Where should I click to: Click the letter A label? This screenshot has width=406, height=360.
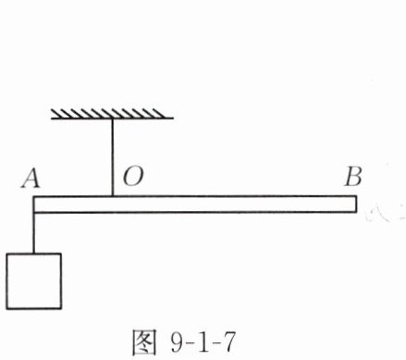tap(31, 179)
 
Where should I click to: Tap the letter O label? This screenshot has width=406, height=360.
tap(133, 177)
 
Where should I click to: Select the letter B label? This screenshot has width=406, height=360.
tap(353, 177)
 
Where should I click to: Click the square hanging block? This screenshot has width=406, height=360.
tap(34, 281)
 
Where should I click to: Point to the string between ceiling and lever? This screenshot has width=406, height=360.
tap(113, 157)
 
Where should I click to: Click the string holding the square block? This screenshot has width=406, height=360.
tap(34, 232)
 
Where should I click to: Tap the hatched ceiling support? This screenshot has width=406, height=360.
tap(112, 114)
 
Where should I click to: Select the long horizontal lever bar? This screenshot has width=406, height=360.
tap(195, 204)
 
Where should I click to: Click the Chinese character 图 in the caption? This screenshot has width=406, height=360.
tap(144, 342)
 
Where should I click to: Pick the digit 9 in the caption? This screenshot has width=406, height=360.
tap(177, 341)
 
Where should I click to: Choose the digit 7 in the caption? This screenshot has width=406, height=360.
tap(228, 342)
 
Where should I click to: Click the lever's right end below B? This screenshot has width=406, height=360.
tap(357, 204)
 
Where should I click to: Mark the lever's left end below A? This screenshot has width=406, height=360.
tap(33, 204)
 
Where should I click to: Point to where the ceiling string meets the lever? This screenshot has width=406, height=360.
tap(113, 196)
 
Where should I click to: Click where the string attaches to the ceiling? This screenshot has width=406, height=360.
tap(113, 118)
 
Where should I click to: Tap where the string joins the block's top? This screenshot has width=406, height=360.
tap(34, 254)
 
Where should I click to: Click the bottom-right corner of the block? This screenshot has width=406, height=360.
tap(61, 308)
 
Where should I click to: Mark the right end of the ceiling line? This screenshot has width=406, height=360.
tap(173, 118)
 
